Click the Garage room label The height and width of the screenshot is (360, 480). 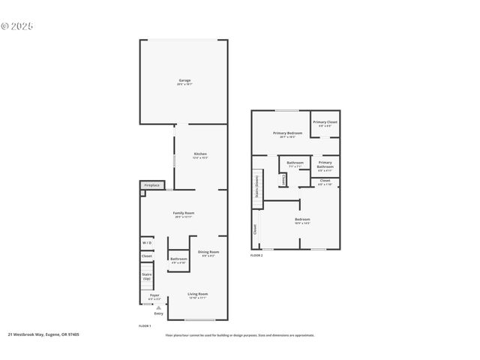(184, 81)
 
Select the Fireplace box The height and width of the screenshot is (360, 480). (151, 184)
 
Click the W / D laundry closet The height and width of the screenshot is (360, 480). (147, 243)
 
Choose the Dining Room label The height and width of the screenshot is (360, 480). (208, 253)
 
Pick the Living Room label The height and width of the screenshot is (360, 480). (198, 295)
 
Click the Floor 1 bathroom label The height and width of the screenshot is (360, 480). (178, 260)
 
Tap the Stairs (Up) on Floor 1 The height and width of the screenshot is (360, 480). (147, 277)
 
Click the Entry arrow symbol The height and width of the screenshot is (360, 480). (158, 307)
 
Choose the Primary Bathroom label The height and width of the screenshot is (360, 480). (325, 165)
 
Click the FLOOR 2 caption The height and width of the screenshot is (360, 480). (256, 256)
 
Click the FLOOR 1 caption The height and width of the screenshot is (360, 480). (145, 326)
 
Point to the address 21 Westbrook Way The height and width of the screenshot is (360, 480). (43, 334)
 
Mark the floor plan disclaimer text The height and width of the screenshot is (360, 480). (240, 334)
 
